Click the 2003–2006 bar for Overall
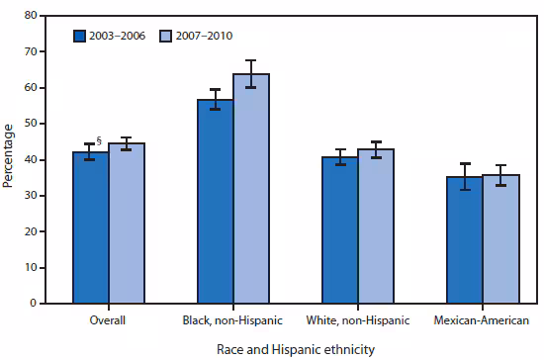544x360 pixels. (x=90, y=227)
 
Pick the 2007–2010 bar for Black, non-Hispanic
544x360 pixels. (x=251, y=189)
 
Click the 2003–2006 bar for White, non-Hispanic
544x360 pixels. (x=339, y=230)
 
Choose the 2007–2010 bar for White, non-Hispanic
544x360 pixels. (x=376, y=226)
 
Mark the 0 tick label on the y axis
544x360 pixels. (x=36, y=304)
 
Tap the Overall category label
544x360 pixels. (x=108, y=320)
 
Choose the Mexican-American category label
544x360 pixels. (x=483, y=320)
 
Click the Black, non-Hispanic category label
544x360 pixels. (x=232, y=320)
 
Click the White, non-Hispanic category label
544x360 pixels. (x=358, y=320)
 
